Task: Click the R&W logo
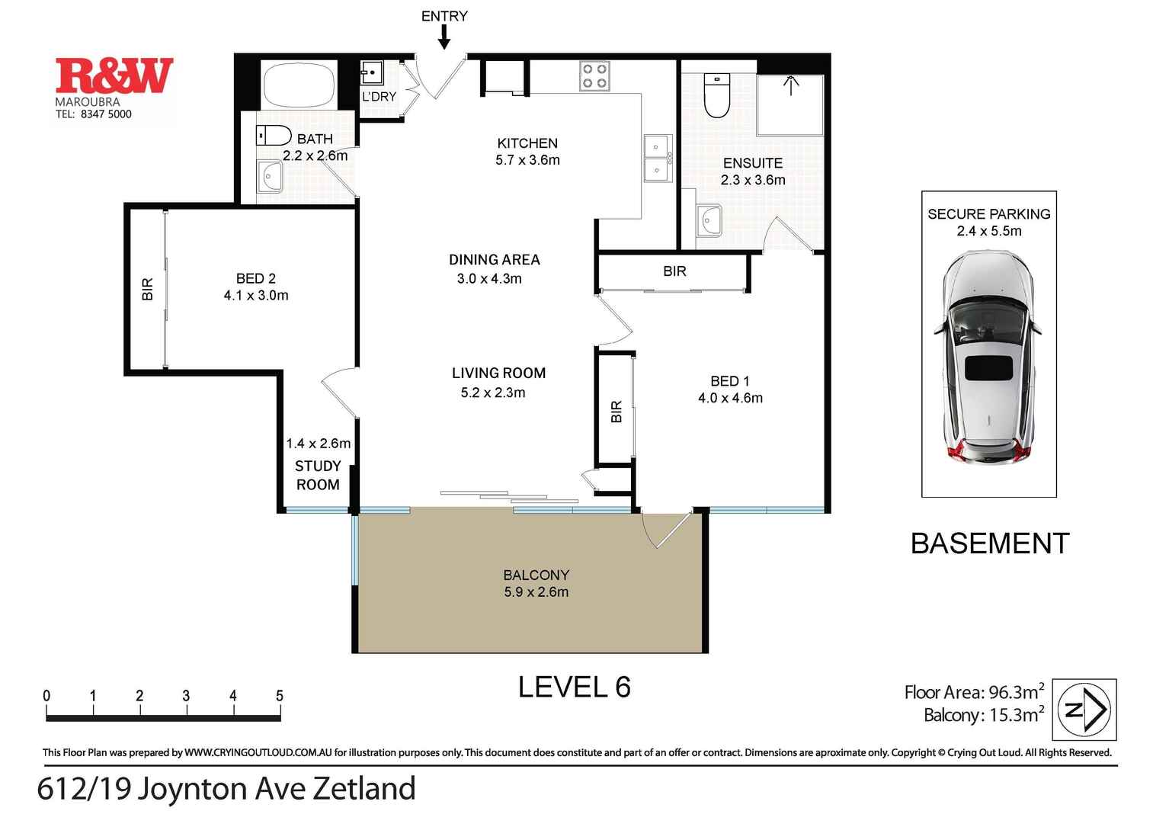click(114, 76)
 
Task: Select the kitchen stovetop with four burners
click(594, 75)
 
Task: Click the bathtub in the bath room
click(299, 85)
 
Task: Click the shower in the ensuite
click(790, 104)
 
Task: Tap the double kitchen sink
click(658, 159)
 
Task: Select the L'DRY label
click(379, 97)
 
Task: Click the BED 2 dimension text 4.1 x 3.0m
click(256, 296)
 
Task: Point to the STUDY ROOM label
click(318, 475)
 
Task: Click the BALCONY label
click(536, 575)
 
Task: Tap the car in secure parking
click(988, 356)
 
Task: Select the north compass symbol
click(1084, 710)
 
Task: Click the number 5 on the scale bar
click(280, 696)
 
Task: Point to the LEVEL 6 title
click(574, 688)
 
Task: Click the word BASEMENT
click(990, 543)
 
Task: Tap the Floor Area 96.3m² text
click(973, 692)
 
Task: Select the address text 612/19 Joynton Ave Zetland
click(226, 789)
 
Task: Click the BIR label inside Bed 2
click(147, 289)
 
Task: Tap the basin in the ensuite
click(709, 220)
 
